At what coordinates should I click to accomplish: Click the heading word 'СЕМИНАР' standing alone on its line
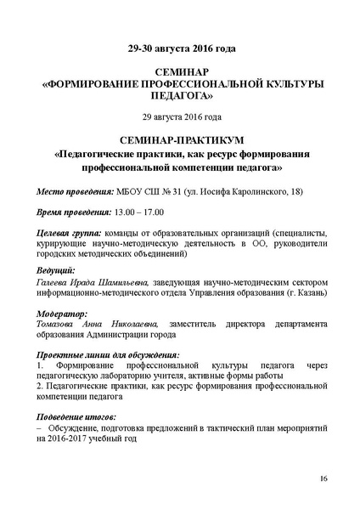[x=180, y=74]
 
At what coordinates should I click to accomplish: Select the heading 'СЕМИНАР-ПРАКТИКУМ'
[x=180, y=139]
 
